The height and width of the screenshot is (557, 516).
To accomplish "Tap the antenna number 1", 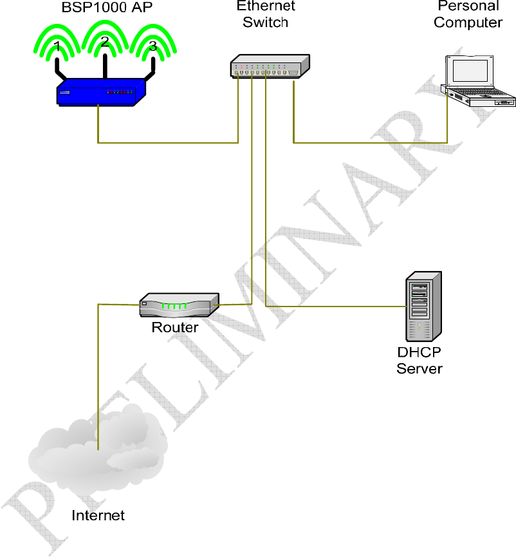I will point(58,46).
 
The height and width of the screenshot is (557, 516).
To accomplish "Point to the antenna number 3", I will point(152,46).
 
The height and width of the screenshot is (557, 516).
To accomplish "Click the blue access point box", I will point(100,91).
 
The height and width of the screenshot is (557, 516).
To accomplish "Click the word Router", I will point(175,327).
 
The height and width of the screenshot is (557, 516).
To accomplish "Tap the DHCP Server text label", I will point(419,361).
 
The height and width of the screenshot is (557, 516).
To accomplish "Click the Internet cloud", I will point(97,444).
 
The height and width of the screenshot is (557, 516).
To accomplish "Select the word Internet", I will point(98,515).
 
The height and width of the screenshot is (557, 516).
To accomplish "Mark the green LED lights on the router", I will point(174,305).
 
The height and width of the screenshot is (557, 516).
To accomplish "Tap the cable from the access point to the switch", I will point(167,142).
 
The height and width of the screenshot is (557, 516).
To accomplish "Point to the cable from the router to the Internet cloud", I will point(97,373).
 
